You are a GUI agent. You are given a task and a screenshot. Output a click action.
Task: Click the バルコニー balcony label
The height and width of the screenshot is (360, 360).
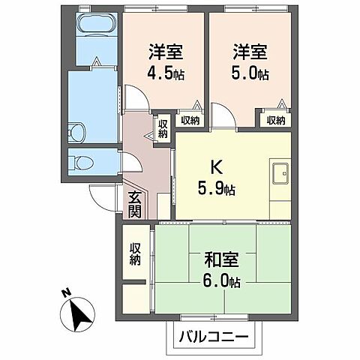(x=214, y=337)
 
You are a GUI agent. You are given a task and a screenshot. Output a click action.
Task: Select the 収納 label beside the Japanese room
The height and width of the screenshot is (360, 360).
(x=135, y=254)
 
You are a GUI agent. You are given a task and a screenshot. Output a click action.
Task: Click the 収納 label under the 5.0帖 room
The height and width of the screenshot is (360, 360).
(x=275, y=120)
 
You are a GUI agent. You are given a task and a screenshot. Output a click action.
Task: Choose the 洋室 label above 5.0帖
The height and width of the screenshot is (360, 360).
(x=249, y=52)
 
